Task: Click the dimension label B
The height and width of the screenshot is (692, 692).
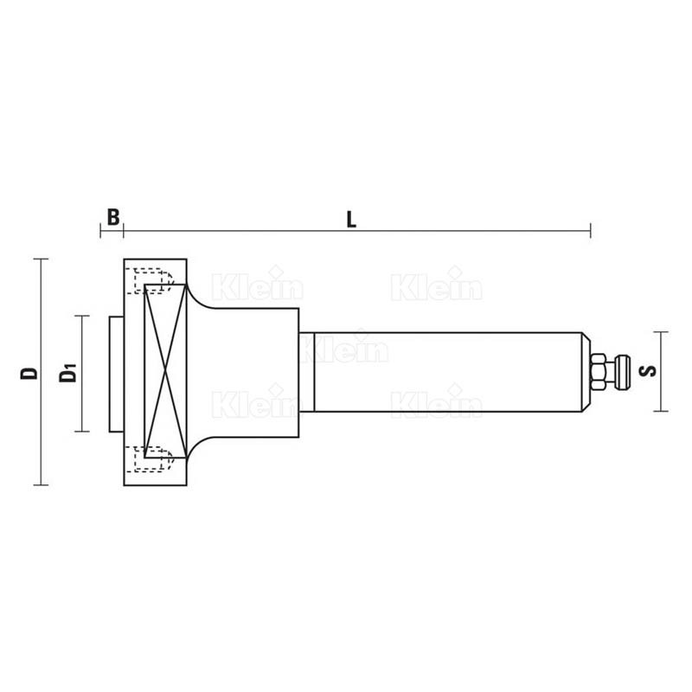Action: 113,217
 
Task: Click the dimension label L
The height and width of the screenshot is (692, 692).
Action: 351,220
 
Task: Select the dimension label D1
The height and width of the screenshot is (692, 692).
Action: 68,373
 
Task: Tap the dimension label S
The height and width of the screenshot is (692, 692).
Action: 648,371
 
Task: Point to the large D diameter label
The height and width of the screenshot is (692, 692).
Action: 29,374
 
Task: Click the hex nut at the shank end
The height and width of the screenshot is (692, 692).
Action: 599,372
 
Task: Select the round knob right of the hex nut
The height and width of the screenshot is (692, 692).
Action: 622,372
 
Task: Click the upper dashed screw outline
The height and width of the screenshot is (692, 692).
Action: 149,280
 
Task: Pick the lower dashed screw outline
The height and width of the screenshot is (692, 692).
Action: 149,459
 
